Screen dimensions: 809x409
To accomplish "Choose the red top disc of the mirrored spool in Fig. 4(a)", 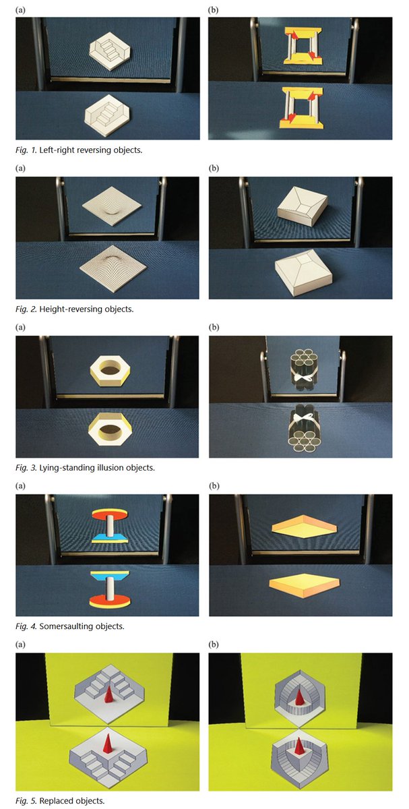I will tap(107, 512).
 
